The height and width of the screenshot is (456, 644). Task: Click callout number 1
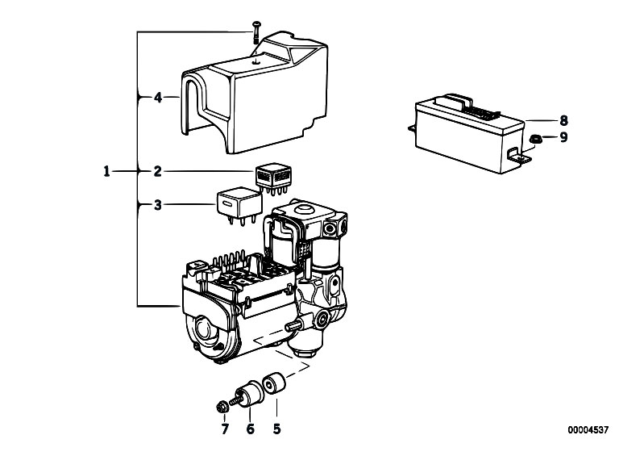106,171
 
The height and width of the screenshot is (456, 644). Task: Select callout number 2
158,171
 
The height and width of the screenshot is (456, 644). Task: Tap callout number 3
158,205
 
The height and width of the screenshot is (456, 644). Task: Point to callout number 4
158,98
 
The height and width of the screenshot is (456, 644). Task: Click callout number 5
277,429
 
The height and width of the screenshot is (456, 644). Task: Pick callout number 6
250,429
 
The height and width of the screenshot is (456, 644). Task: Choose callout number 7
225,429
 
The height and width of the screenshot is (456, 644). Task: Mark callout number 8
563,120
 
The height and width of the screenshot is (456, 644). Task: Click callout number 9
563,137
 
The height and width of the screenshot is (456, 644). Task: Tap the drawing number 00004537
588,430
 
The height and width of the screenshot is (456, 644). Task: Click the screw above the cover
256,32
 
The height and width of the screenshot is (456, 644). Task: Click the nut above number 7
222,408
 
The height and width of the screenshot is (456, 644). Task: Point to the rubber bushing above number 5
272,383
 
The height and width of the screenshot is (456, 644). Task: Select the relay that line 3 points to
239,204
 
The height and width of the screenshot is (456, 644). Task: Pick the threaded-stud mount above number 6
247,394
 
